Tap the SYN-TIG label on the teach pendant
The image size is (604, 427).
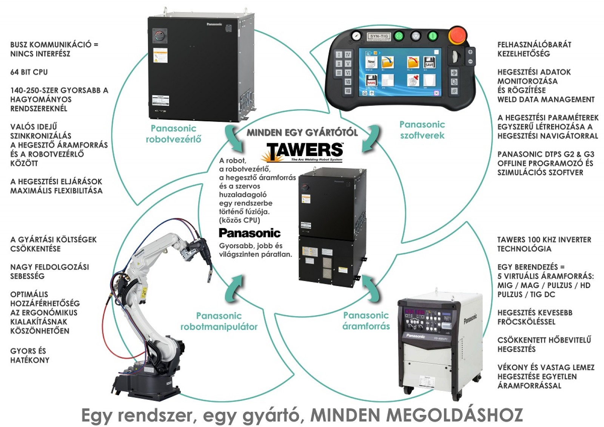[379, 36]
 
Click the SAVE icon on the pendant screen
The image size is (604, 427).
[429, 62]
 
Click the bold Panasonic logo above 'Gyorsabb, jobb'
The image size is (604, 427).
[250, 233]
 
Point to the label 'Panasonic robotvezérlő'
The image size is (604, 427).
[173, 134]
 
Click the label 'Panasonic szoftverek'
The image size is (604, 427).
[422, 130]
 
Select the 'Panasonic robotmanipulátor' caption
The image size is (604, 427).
[219, 321]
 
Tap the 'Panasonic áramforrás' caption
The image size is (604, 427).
[366, 320]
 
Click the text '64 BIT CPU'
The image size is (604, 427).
[29, 72]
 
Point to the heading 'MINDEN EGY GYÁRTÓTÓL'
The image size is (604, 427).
[302, 132]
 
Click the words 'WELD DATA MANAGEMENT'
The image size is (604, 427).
[546, 99]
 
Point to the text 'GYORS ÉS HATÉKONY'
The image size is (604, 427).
[29, 355]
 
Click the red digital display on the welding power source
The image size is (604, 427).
[414, 313]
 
